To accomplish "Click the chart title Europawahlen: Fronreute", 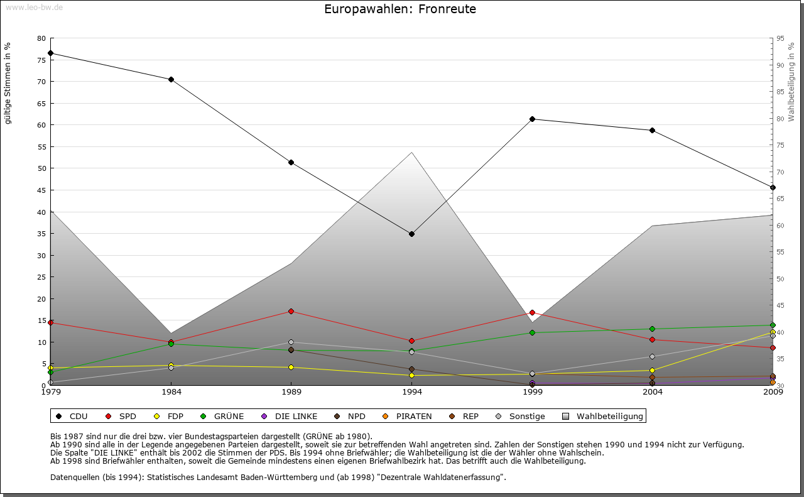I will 400,9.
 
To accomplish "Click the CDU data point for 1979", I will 50,53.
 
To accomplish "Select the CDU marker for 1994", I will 411,234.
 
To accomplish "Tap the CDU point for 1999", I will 532,119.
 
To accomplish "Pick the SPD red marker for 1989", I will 291,311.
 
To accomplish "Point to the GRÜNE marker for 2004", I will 653,329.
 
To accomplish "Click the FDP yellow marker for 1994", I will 411,375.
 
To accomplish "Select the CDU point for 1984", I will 171,79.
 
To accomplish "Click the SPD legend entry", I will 122,416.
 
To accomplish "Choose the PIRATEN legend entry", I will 408,416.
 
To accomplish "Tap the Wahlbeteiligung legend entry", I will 603,416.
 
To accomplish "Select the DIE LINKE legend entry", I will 289,416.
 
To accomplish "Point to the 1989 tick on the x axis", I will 291,393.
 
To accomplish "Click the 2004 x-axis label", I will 653,393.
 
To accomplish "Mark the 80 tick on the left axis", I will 41,38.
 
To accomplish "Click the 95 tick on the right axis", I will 780,38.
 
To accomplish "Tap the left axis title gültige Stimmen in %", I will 8,83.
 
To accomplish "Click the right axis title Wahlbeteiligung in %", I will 791,82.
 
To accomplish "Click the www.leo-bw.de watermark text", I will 34,7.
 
